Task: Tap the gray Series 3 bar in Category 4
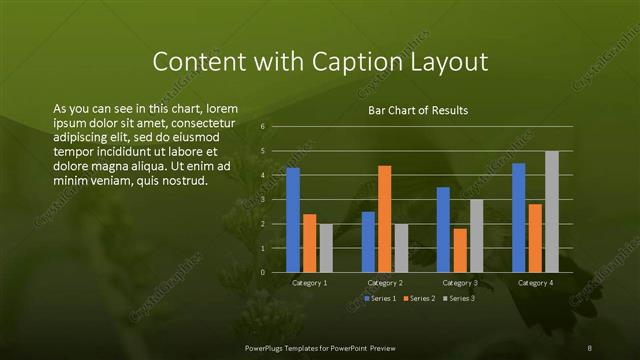point(551,212)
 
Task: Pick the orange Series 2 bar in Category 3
point(460,250)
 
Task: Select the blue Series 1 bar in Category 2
point(368,242)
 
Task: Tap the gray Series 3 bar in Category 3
point(476,236)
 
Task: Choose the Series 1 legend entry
point(381,298)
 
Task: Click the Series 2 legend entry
point(420,298)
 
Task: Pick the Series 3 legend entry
point(459,298)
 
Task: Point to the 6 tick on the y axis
point(262,127)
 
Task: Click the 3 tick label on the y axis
point(262,200)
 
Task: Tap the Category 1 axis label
point(309,283)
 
